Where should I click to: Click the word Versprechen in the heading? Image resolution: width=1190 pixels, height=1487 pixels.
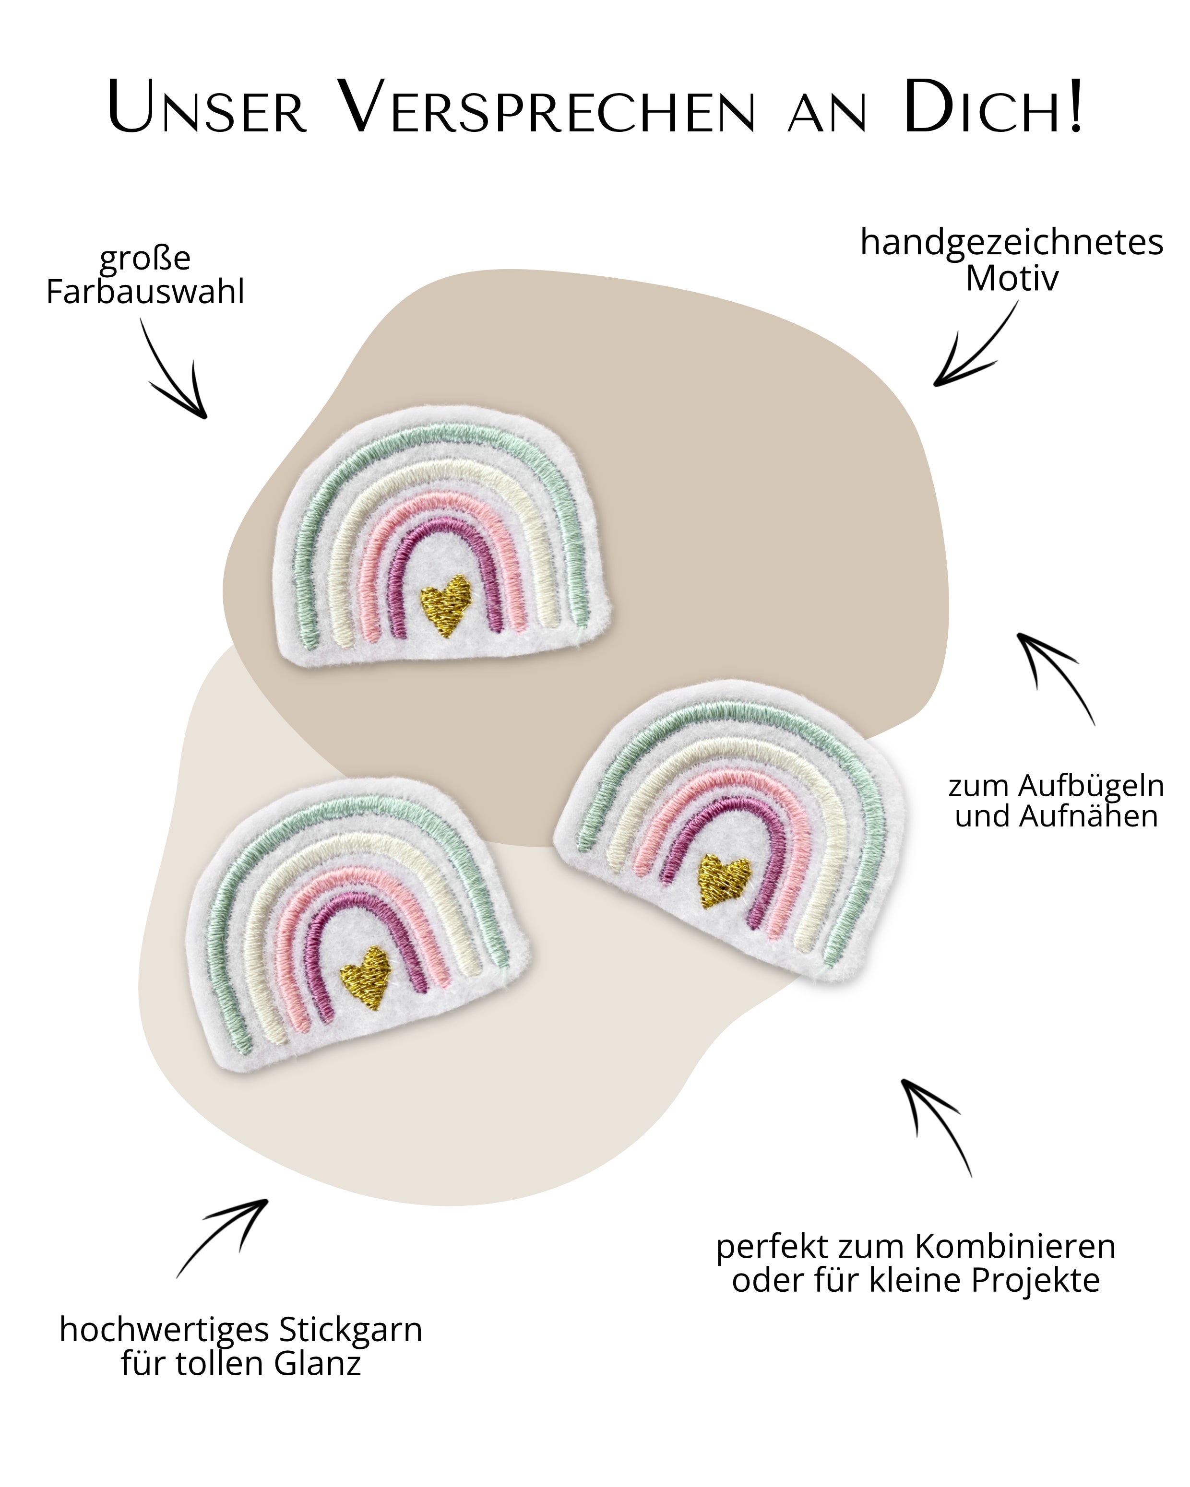548,109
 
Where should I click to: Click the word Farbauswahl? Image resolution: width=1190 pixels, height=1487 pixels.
145,292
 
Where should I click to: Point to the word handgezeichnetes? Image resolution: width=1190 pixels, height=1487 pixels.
1011,243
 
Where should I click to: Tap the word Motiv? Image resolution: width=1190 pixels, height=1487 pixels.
1011,279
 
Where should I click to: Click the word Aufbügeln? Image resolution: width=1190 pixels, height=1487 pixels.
1091,786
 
